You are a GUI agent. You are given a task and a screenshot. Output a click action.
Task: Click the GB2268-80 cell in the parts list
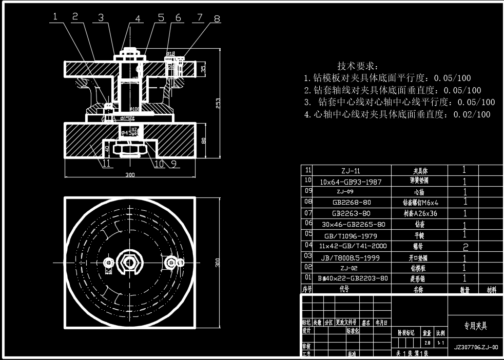click(x=351, y=203)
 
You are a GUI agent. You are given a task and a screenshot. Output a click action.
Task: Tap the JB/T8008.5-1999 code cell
click(x=351, y=258)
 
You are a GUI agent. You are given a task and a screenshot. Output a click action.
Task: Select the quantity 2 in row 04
click(x=465, y=246)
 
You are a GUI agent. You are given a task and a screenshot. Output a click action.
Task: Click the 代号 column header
click(x=344, y=289)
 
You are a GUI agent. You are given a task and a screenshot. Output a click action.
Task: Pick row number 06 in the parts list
click(x=308, y=223)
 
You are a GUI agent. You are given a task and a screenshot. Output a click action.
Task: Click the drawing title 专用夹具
click(x=475, y=326)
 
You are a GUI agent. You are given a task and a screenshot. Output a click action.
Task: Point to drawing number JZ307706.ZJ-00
click(x=476, y=347)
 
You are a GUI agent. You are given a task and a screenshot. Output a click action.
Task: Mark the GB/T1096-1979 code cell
click(x=351, y=236)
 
